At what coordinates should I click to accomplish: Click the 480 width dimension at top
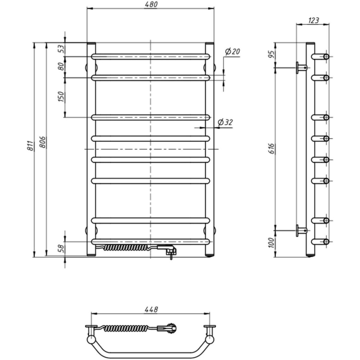click(150, 4)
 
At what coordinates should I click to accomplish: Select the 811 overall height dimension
click(31, 146)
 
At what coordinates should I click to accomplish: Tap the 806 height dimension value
click(43, 142)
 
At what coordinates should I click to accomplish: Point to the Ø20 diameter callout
click(232, 52)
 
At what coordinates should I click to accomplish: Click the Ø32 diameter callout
click(225, 122)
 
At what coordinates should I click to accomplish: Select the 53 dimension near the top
click(61, 49)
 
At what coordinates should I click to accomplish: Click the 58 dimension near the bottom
click(61, 249)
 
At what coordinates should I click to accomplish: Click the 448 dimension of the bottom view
click(150, 309)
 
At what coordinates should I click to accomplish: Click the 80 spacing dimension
click(61, 66)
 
